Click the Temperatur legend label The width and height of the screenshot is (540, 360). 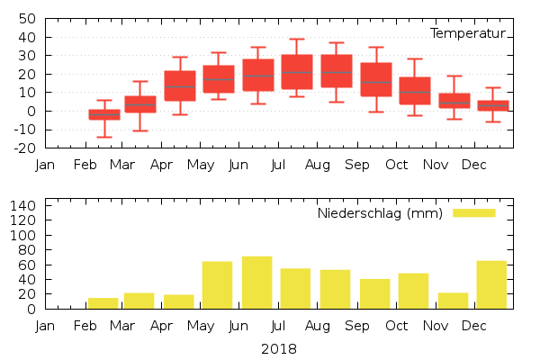tap(468, 33)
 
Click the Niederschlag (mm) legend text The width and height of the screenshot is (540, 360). tap(379, 213)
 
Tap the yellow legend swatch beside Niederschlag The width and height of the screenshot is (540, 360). tap(473, 213)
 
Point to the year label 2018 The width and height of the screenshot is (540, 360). tap(278, 348)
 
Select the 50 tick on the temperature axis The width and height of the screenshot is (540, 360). tap(27, 19)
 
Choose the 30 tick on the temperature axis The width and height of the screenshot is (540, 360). tap(27, 56)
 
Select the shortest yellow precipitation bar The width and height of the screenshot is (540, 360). tap(103, 303)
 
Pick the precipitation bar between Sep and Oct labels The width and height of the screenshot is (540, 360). tap(374, 293)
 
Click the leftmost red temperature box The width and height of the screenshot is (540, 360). tap(104, 114)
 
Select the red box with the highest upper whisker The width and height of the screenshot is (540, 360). tap(297, 72)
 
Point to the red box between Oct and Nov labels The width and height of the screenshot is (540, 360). tap(415, 91)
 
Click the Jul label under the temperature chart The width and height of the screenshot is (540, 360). tap(278, 165)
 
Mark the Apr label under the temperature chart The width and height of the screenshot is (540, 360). tap(162, 165)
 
